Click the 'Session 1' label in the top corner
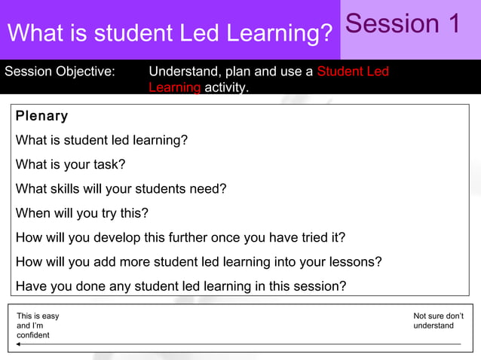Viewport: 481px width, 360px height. coord(403,24)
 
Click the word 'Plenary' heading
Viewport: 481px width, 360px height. coord(41,116)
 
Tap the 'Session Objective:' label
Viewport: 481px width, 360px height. coord(60,72)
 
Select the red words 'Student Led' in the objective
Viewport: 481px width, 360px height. coord(353,72)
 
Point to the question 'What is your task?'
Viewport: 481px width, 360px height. coord(70,164)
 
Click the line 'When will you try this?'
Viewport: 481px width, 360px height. coord(82,213)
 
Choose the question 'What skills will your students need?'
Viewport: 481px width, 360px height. coord(121,189)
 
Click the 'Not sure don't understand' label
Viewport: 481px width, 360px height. coord(438,321)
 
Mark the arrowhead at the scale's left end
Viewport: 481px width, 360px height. coord(19,344)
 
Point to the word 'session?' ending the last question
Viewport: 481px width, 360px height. coord(320,286)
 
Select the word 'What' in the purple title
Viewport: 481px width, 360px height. coord(35,34)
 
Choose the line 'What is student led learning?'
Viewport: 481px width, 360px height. coord(102,140)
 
